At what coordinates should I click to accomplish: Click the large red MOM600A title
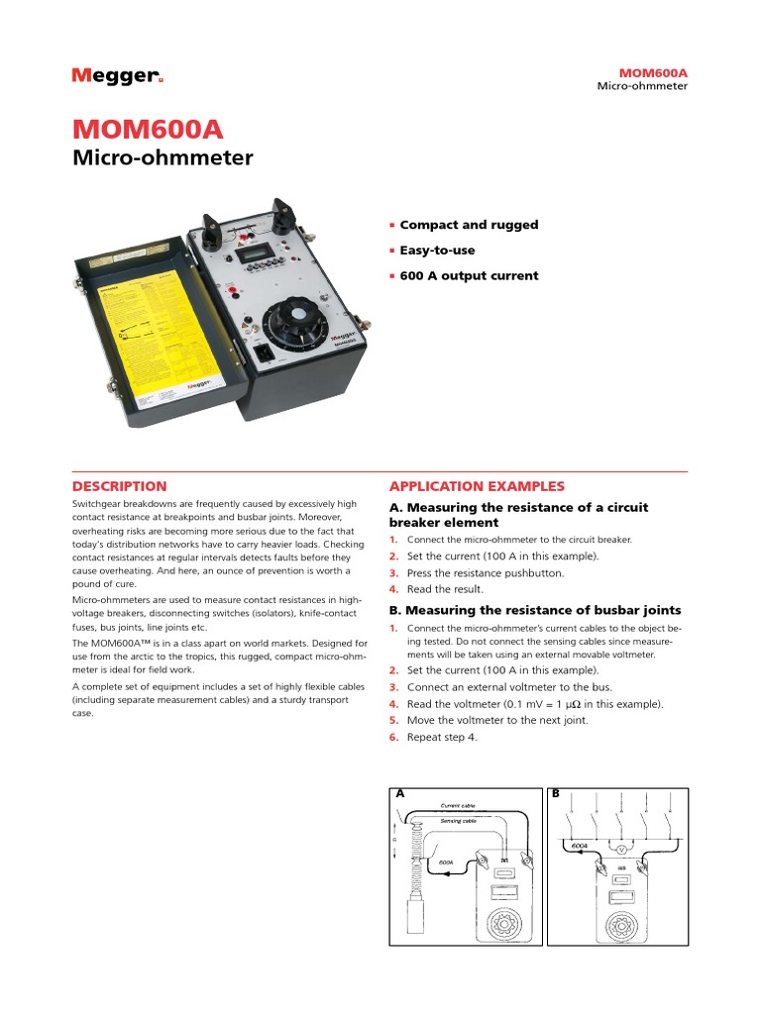148,130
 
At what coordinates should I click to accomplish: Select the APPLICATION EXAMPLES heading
477,486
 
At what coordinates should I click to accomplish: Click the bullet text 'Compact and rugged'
469,225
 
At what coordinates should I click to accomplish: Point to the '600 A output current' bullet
469,276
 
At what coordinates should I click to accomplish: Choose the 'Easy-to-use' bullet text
437,251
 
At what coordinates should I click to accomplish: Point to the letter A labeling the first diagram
400,794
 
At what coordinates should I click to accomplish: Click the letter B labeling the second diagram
556,794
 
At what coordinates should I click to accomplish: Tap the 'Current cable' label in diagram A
458,807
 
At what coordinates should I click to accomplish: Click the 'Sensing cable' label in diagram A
458,822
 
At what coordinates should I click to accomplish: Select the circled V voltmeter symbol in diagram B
620,851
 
